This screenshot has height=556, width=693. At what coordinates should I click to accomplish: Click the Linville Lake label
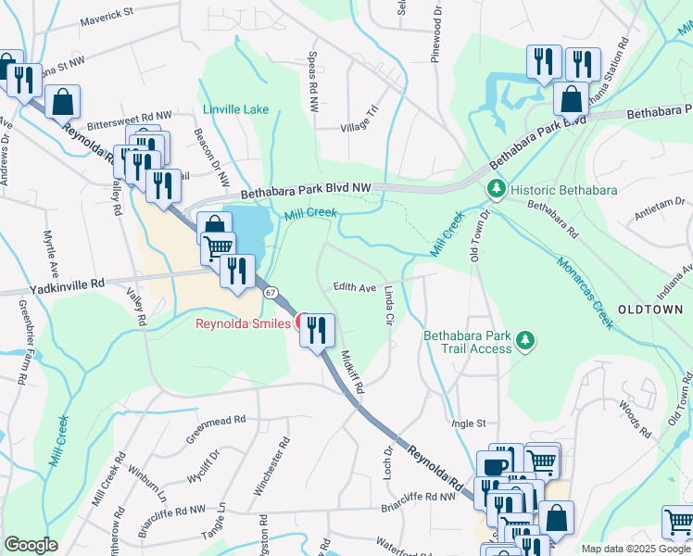[236, 109]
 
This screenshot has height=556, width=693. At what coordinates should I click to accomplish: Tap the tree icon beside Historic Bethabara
[497, 190]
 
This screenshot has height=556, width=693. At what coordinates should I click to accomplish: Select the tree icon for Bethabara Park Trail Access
[525, 341]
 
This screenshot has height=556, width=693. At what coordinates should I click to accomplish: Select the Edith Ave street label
[355, 288]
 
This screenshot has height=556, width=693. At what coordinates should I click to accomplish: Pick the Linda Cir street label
[390, 305]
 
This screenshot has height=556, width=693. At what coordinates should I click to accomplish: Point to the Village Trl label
[360, 120]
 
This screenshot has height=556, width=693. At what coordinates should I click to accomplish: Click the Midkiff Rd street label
[352, 368]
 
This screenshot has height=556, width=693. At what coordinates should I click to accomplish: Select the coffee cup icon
[496, 466]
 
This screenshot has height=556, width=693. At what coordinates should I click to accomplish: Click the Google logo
[31, 545]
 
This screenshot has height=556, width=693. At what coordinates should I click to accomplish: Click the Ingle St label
[468, 423]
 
